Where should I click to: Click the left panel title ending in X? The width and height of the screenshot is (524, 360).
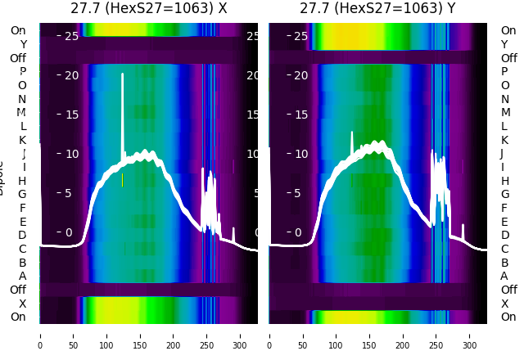tap(148, 9)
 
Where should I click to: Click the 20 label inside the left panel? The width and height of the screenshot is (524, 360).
tap(71, 75)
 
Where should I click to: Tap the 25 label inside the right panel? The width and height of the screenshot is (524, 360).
tap(300, 36)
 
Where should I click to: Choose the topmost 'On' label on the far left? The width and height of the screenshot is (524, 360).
tap(18, 30)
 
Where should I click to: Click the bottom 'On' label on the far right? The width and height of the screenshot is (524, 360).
tap(508, 317)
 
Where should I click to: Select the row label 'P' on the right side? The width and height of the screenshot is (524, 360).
tap(504, 71)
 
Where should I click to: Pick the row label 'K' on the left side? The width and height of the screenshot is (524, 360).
tap(22, 140)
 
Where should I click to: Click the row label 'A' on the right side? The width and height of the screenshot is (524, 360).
tap(504, 276)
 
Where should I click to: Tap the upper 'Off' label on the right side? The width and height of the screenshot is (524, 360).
tap(508, 58)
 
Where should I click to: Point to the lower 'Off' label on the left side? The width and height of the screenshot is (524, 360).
tap(18, 290)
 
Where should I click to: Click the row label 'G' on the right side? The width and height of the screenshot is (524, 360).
tap(504, 194)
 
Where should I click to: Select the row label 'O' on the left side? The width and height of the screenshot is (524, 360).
tap(22, 85)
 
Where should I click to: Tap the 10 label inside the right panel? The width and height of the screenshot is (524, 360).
tap(300, 154)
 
